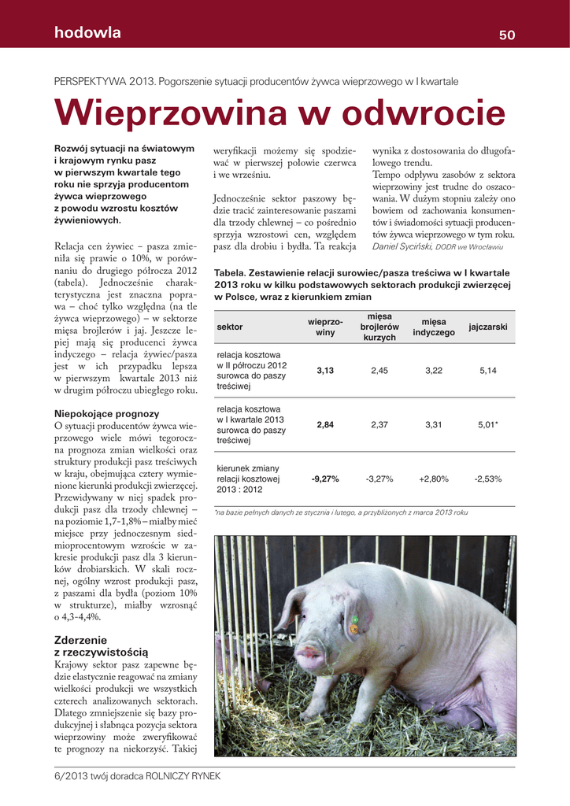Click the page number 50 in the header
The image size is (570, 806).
click(506, 35)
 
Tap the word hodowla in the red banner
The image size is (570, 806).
click(87, 33)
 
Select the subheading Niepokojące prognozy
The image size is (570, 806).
click(106, 413)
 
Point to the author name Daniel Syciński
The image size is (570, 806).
click(402, 247)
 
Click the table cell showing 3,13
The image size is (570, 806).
click(325, 371)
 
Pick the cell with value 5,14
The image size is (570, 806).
click(487, 371)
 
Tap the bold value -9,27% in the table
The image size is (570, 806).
click(325, 479)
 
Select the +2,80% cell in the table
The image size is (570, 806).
click(433, 479)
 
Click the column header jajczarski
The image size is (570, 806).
click(487, 327)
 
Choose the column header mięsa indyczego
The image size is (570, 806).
click(434, 327)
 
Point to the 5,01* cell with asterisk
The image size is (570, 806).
click(487, 425)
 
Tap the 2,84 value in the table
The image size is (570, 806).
click(325, 425)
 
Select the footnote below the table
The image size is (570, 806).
click(342, 512)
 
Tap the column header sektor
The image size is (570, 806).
click(230, 327)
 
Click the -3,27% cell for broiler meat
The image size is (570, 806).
click(379, 479)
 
